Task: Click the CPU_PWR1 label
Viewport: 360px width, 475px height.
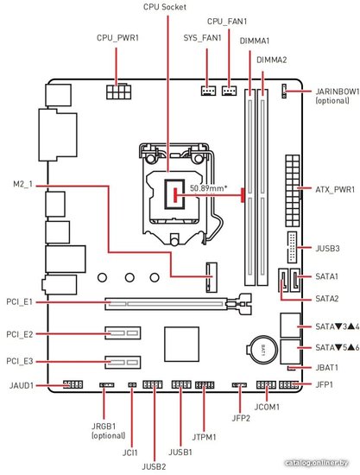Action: click(117, 38)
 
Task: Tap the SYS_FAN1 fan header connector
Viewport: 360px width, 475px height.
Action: click(209, 91)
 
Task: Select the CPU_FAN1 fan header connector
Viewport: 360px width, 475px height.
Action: click(229, 91)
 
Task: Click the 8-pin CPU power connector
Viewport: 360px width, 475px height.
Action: click(119, 92)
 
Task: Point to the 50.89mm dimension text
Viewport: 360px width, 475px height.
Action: click(209, 188)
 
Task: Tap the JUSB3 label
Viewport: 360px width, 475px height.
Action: click(327, 249)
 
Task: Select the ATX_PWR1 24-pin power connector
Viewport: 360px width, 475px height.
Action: click(293, 192)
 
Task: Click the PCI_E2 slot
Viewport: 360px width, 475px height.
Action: click(123, 333)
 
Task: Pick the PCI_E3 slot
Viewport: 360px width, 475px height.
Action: click(123, 362)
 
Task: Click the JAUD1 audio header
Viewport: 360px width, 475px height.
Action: click(73, 385)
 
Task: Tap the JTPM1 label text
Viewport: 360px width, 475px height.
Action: click(204, 437)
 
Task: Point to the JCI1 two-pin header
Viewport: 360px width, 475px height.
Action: click(132, 385)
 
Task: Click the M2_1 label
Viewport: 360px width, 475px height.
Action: click(22, 185)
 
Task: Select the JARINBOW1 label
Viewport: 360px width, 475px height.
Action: click(338, 92)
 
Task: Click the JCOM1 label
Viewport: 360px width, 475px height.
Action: click(267, 407)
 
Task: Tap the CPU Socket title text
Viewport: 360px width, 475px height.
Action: click(165, 7)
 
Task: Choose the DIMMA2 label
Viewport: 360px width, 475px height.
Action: click(271, 60)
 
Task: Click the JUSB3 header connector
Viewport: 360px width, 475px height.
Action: click(292, 247)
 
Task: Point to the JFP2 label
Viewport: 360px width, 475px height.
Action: click(241, 418)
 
